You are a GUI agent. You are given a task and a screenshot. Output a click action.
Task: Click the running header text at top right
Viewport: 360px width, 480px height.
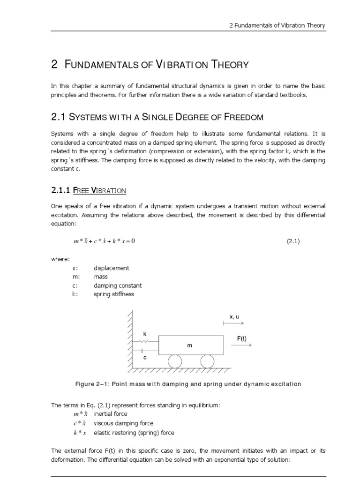click(x=277, y=25)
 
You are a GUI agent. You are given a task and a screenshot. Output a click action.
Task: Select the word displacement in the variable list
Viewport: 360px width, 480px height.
click(x=111, y=268)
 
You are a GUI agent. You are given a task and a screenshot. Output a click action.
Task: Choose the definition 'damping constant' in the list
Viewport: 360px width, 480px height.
click(x=118, y=285)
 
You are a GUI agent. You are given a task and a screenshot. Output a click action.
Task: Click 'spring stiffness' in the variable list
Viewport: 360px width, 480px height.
click(x=114, y=294)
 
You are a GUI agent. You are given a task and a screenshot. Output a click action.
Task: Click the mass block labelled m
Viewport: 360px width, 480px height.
click(x=190, y=345)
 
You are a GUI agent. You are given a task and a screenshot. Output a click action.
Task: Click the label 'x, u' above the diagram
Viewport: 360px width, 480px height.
click(x=234, y=317)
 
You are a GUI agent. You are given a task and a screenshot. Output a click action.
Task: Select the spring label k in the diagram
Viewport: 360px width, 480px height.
click(x=145, y=334)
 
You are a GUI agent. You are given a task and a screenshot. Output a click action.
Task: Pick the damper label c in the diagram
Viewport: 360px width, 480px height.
click(x=145, y=357)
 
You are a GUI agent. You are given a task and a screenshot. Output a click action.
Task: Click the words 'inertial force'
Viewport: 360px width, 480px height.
click(x=110, y=414)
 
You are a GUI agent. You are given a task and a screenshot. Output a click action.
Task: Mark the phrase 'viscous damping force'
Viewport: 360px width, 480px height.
click(x=124, y=423)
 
